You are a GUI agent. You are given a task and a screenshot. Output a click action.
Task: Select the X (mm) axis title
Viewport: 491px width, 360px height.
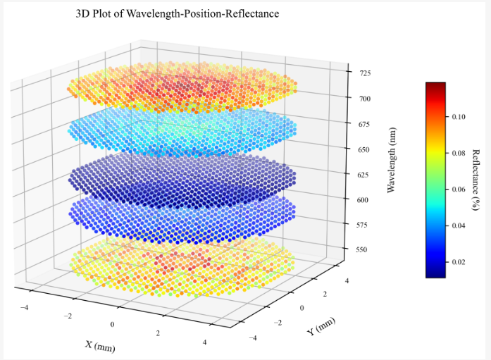(x=100, y=345)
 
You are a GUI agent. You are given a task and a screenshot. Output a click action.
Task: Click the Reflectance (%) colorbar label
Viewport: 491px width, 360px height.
(x=476, y=180)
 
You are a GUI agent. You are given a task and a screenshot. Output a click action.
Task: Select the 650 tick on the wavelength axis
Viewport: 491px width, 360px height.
(x=362, y=149)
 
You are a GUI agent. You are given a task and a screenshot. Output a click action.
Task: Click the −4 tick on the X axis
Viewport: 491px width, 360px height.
(x=26, y=307)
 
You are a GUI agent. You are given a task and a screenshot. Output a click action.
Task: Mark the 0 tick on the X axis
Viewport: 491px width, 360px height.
(x=113, y=323)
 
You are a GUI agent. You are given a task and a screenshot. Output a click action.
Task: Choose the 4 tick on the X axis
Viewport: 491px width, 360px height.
(x=204, y=342)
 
